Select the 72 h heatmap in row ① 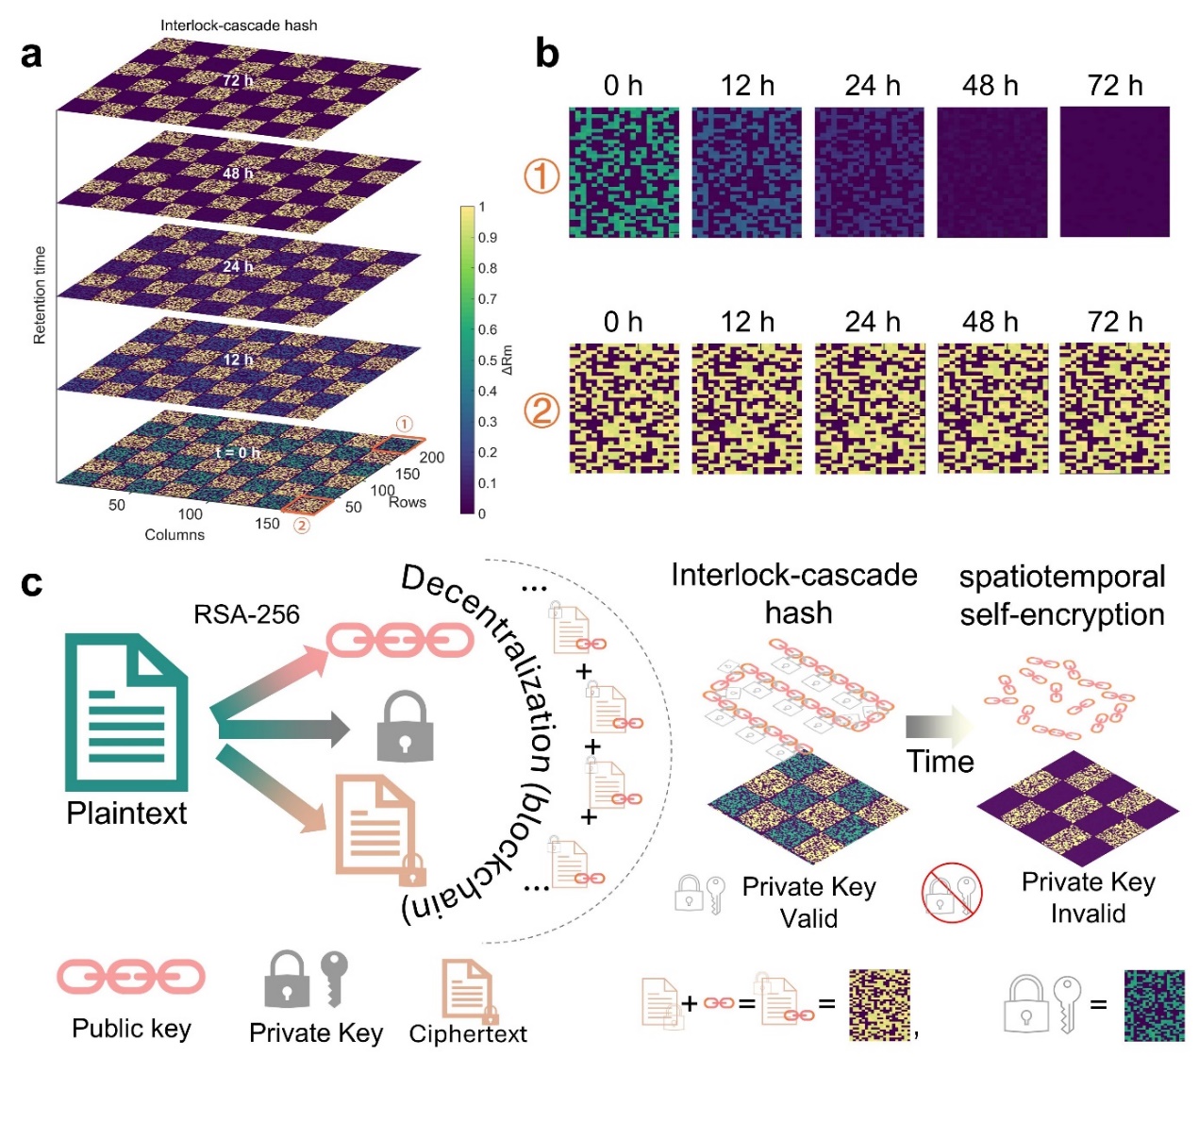pyautogui.click(x=1114, y=171)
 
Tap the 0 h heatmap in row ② pyautogui.click(x=624, y=408)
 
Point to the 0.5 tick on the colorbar pyautogui.click(x=487, y=361)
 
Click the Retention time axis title pyautogui.click(x=40, y=294)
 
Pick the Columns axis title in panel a pyautogui.click(x=175, y=534)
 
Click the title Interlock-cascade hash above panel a pyautogui.click(x=239, y=25)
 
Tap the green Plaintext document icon pyautogui.click(x=125, y=713)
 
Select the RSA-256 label pyautogui.click(x=246, y=614)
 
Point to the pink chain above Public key pyautogui.click(x=131, y=978)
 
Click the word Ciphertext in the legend pyautogui.click(x=468, y=1034)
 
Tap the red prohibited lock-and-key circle pyautogui.click(x=952, y=892)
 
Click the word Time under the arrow pyautogui.click(x=940, y=762)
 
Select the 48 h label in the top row pyautogui.click(x=991, y=86)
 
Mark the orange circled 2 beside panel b pyautogui.click(x=541, y=411)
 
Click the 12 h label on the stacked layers pyautogui.click(x=238, y=360)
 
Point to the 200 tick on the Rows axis pyautogui.click(x=431, y=458)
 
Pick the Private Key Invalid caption pyautogui.click(x=1088, y=898)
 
